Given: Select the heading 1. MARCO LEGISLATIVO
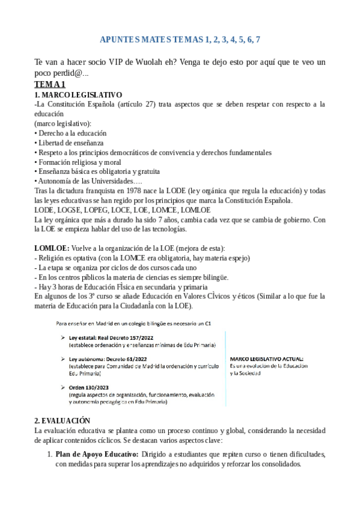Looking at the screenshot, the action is click(79, 95).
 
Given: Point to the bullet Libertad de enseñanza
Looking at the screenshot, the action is click(71, 143).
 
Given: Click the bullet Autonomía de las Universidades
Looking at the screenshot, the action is click(88, 181).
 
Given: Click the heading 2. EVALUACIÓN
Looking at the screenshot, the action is click(63, 420).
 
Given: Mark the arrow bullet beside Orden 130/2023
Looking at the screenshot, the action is click(63, 387).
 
